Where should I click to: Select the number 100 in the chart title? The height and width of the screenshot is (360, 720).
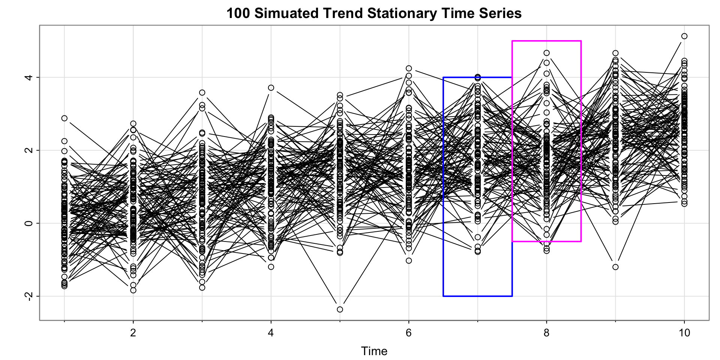(x=238, y=13)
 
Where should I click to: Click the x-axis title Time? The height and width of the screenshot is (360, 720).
(x=374, y=351)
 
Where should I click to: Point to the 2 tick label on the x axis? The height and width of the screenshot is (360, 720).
(x=133, y=333)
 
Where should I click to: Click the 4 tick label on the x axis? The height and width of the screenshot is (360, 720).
(x=271, y=333)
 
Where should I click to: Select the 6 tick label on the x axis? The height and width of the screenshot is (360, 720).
(x=409, y=333)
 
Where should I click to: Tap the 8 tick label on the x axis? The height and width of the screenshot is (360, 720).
(x=547, y=333)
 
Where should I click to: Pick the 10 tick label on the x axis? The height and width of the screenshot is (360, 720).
(x=684, y=333)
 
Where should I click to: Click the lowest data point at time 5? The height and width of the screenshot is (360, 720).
(x=340, y=309)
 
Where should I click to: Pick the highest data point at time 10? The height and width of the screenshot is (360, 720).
(x=684, y=36)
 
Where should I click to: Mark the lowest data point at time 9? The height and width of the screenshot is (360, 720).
(x=615, y=267)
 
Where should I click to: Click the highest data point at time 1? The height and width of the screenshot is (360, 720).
(x=64, y=118)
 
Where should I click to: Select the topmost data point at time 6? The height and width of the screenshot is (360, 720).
(x=409, y=68)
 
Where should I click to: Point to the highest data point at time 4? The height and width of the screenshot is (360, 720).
(x=271, y=88)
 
